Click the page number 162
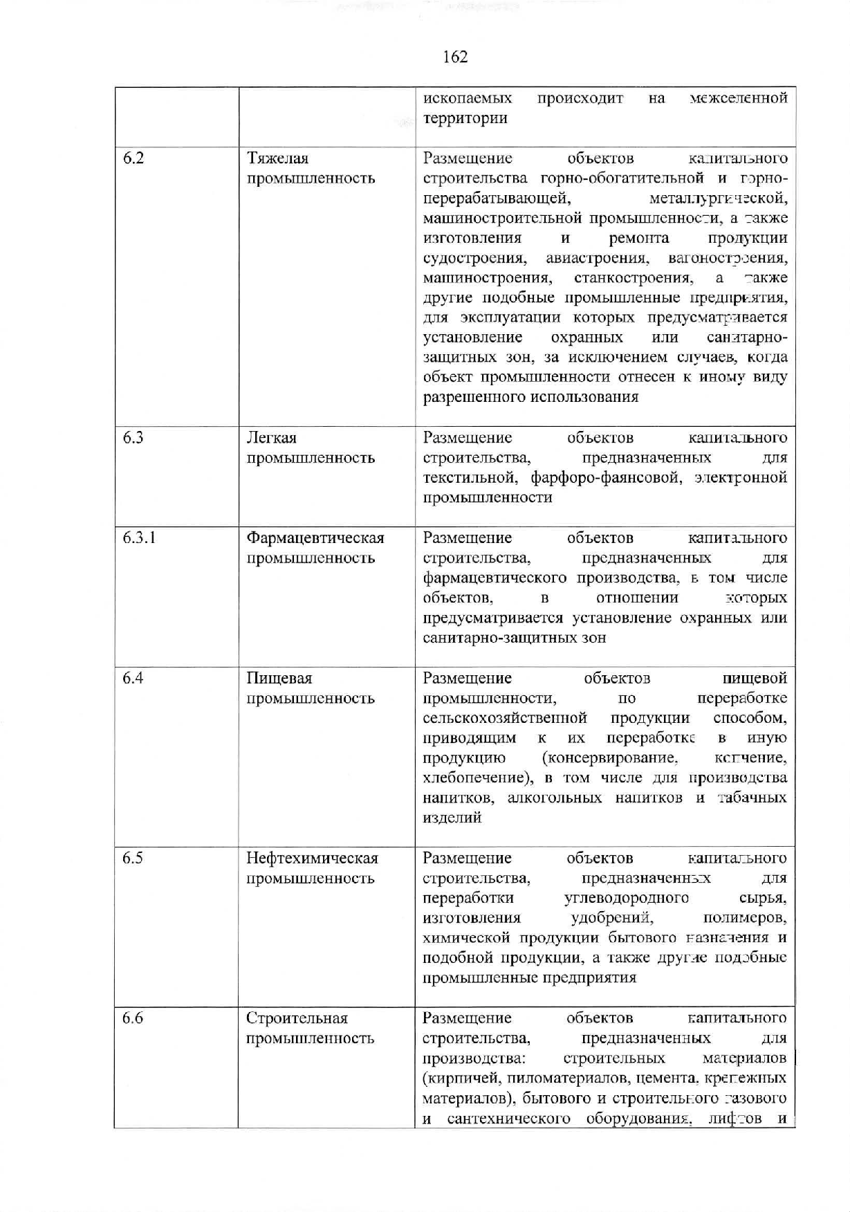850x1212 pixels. click(455, 57)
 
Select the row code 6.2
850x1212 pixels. click(133, 158)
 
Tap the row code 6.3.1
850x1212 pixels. click(139, 538)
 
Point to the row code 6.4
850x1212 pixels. click(133, 678)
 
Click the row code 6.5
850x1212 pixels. click(133, 858)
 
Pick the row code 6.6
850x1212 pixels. click(133, 1018)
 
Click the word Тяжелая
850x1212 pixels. click(277, 159)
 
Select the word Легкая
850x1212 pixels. click(272, 438)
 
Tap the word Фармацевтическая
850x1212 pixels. click(315, 538)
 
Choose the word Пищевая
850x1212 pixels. click(279, 679)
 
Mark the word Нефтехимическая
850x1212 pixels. click(313, 858)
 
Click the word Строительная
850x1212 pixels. click(297, 1018)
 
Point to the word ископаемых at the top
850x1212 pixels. click(468, 98)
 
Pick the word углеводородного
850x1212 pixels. click(627, 898)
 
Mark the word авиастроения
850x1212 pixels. click(597, 259)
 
